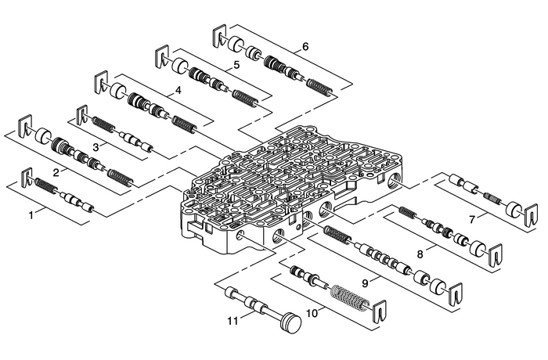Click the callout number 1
[x=31, y=213]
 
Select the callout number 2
[x=56, y=171]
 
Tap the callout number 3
[x=95, y=146]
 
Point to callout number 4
[x=178, y=91]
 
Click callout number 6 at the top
[x=305, y=46]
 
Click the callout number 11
[x=232, y=321]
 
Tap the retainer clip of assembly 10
[x=380, y=312]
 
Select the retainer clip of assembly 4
[x=101, y=81]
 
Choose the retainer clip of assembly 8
[x=494, y=257]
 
